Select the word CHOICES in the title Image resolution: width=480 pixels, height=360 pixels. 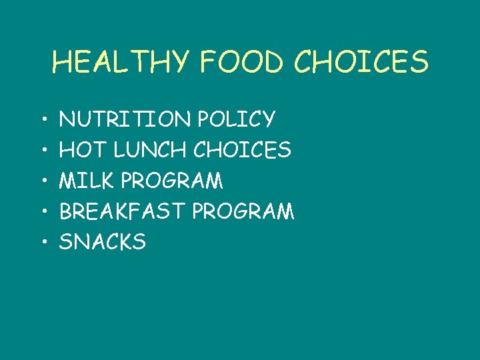[361, 63]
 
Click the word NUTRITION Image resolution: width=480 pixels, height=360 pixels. [125, 119]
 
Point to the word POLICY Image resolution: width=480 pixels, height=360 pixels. [236, 119]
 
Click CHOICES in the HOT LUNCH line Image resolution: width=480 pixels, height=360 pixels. [242, 150]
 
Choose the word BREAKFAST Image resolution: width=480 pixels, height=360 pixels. [123, 211]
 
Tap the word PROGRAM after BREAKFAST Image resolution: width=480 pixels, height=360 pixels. [243, 211]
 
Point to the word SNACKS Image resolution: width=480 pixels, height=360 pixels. [103, 242]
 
